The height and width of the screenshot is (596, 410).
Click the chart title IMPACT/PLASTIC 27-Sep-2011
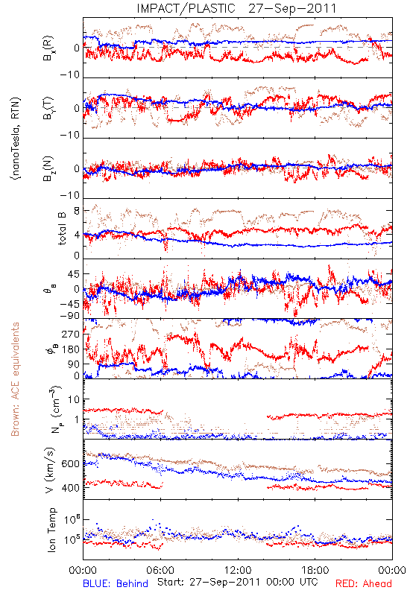pos(236,8)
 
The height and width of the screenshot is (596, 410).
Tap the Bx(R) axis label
pos(48,48)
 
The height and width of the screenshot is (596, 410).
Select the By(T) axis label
pos(48,108)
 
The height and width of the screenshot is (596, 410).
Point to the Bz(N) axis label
pos(48,168)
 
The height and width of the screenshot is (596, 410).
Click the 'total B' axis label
pos(62,229)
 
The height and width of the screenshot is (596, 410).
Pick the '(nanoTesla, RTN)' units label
pos(16,139)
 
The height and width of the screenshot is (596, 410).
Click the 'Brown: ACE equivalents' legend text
pos(15,379)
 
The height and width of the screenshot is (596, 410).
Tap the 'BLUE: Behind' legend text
pos(116,583)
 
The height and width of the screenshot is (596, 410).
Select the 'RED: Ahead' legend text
pos(364,583)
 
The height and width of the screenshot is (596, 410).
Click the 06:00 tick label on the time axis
pos(160,570)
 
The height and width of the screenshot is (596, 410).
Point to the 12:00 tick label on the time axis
pos(238,570)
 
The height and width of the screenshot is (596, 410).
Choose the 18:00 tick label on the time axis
pos(315,570)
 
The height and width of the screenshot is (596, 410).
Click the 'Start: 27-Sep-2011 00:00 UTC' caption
pos(238,582)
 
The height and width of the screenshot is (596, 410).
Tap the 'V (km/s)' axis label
pos(50,470)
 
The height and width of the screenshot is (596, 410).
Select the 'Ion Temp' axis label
pos(51,530)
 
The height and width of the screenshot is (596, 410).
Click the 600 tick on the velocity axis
pos(71,464)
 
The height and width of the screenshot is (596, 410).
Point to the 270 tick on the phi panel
pos(71,335)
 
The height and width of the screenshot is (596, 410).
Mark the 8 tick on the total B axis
pos(77,211)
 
